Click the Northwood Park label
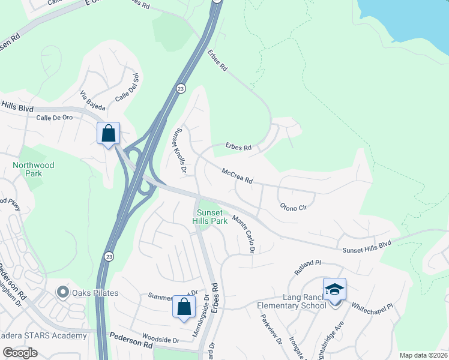click(x=33, y=169)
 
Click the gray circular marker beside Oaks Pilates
click(x=62, y=293)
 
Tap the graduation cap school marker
click(x=334, y=290)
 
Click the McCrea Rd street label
click(x=237, y=176)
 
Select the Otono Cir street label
click(x=294, y=207)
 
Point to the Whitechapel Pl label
click(x=372, y=306)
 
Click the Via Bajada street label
click(x=92, y=100)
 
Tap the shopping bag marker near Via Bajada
click(x=109, y=133)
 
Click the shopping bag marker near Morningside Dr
click(x=184, y=306)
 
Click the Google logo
click(x=20, y=353)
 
